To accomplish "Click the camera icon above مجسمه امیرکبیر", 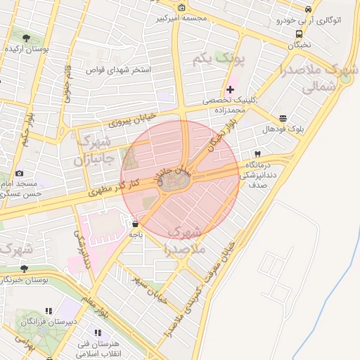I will point(182,8).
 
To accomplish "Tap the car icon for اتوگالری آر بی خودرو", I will point(309,8).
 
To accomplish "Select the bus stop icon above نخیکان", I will point(300,34).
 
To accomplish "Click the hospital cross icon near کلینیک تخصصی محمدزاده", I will point(230,89).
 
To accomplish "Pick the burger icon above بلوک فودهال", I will point(283,119).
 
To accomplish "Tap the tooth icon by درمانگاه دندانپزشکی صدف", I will point(257,154).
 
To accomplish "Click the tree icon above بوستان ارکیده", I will point(26,38).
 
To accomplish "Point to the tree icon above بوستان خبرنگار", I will point(25,269).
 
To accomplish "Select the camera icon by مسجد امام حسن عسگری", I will point(19,173).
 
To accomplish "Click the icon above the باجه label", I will point(134,225).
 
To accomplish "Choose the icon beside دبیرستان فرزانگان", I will point(49,310).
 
